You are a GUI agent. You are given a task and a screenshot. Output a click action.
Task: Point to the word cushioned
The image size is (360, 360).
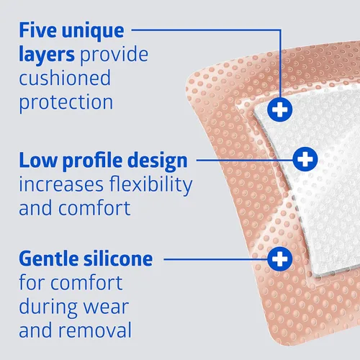point(65,78)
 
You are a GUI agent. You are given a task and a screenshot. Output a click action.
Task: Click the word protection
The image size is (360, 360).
point(66,102)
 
